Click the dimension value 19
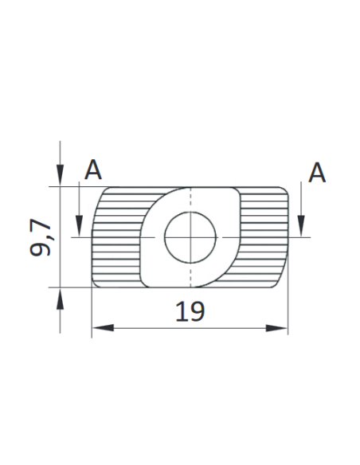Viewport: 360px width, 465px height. [x=190, y=311]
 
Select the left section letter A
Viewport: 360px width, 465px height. [x=94, y=170]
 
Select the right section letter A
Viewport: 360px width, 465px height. [x=317, y=172]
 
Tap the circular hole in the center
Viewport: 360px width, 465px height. [x=190, y=237]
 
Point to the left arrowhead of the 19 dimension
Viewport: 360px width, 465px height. [x=99, y=327]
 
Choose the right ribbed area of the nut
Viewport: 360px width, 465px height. [x=263, y=238]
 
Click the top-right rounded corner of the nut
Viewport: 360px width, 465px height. [x=284, y=192]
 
